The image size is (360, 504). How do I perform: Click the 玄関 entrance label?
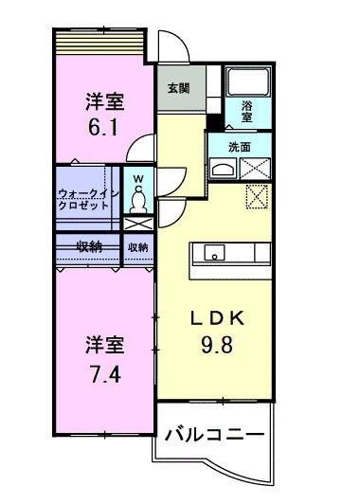tap(177, 89)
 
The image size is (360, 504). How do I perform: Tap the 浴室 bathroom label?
tap(247, 110)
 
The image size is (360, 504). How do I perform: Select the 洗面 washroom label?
tap(240, 147)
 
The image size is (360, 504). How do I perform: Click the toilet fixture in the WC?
tap(138, 197)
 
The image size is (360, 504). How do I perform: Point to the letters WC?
tap(138, 178)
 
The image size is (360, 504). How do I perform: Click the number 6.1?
tap(105, 125)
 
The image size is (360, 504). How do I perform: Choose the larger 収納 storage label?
tap(89, 247)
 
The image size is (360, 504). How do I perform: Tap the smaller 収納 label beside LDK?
tap(138, 247)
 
